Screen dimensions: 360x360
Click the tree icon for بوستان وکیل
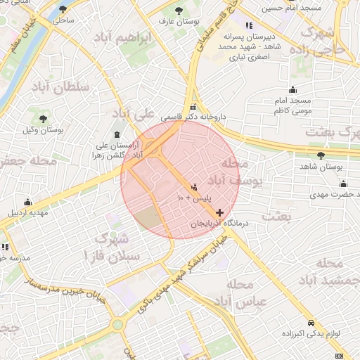44,119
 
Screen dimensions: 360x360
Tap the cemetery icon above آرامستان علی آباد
117,135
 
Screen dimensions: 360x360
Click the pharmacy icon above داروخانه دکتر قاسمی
194,106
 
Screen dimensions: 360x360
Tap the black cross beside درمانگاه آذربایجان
220,212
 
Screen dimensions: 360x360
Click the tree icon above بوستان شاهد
321,155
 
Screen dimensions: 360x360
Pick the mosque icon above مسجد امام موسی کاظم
292,90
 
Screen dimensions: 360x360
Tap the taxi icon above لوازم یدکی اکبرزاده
310,323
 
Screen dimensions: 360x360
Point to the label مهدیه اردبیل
27,212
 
